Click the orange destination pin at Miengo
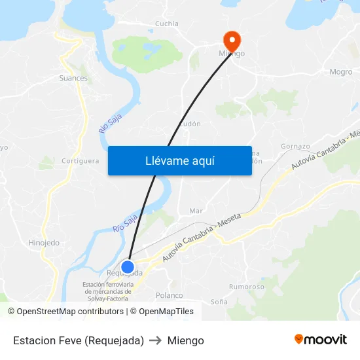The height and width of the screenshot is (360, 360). [x=232, y=39]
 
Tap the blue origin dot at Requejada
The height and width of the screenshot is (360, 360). [x=128, y=267]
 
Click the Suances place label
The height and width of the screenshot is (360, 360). [x=73, y=78]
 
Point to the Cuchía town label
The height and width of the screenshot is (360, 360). [x=166, y=24]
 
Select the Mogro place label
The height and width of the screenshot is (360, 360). [x=341, y=72]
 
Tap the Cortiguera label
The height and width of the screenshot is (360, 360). [x=80, y=160]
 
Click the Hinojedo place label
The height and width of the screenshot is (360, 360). [x=44, y=243]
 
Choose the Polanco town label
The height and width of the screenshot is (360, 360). [x=170, y=295]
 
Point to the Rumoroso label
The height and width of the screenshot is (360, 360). [x=247, y=287]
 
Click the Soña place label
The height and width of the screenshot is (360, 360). [x=219, y=302]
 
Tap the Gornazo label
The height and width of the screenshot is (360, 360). [x=295, y=145]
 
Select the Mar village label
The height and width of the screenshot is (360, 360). [x=196, y=211]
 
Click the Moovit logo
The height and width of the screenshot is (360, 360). [x=321, y=339]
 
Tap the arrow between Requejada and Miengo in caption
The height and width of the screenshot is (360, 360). [x=156, y=340]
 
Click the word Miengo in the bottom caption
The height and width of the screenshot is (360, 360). [x=185, y=340]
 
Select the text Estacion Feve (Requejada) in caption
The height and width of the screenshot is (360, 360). [x=79, y=340]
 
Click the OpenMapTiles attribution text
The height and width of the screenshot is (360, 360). [x=166, y=312]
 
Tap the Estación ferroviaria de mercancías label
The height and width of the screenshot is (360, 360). [x=108, y=291]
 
